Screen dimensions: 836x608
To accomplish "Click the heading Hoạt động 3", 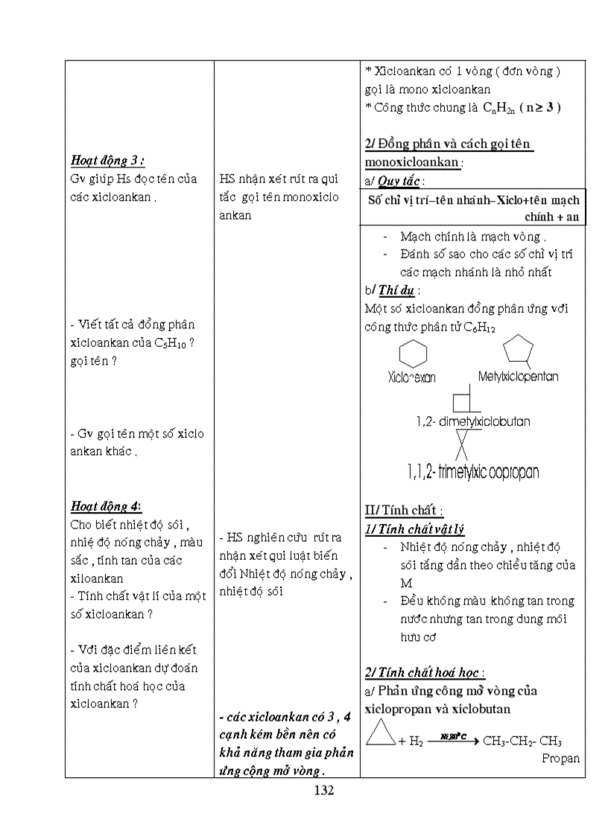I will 107,160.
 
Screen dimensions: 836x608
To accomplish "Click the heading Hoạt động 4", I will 106,506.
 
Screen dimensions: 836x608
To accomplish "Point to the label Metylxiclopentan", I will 518,377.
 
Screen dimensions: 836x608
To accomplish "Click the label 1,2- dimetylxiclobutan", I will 473,421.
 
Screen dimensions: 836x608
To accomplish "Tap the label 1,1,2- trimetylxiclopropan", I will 473,472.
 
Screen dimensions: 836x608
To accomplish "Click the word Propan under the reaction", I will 560,759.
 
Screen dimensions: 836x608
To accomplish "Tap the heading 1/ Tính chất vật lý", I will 414,529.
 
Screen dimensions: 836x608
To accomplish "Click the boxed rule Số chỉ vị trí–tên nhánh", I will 473,208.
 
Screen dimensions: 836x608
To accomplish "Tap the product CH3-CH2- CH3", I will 522,741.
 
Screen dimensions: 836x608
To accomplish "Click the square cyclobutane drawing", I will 464,402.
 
